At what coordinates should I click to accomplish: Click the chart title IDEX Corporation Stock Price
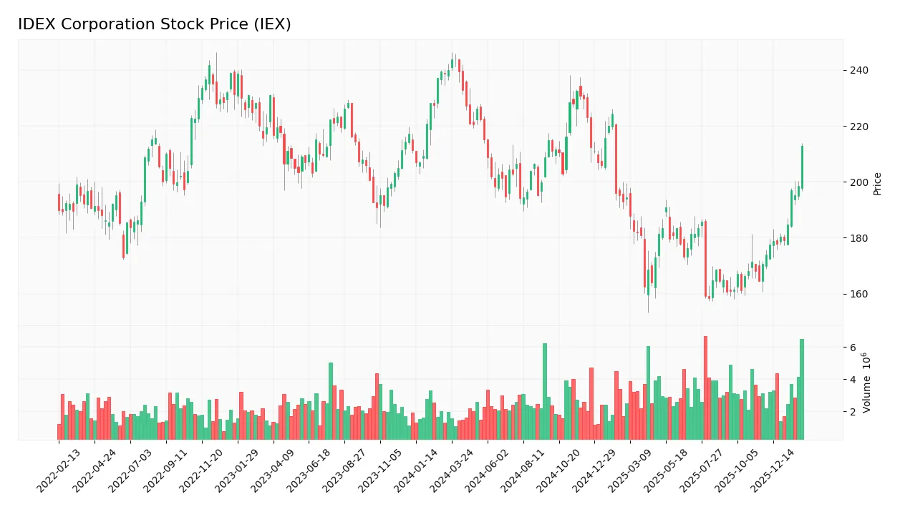[x=154, y=24]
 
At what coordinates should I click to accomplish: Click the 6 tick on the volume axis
[x=853, y=348]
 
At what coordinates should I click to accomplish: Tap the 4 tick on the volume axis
[x=853, y=380]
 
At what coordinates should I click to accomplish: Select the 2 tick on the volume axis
[x=853, y=412]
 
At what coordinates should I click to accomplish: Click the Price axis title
[x=877, y=184]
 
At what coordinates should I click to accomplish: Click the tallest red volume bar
[x=705, y=388]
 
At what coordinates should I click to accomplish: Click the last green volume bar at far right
[x=802, y=389]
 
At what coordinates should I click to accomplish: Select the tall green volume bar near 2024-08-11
[x=544, y=391]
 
